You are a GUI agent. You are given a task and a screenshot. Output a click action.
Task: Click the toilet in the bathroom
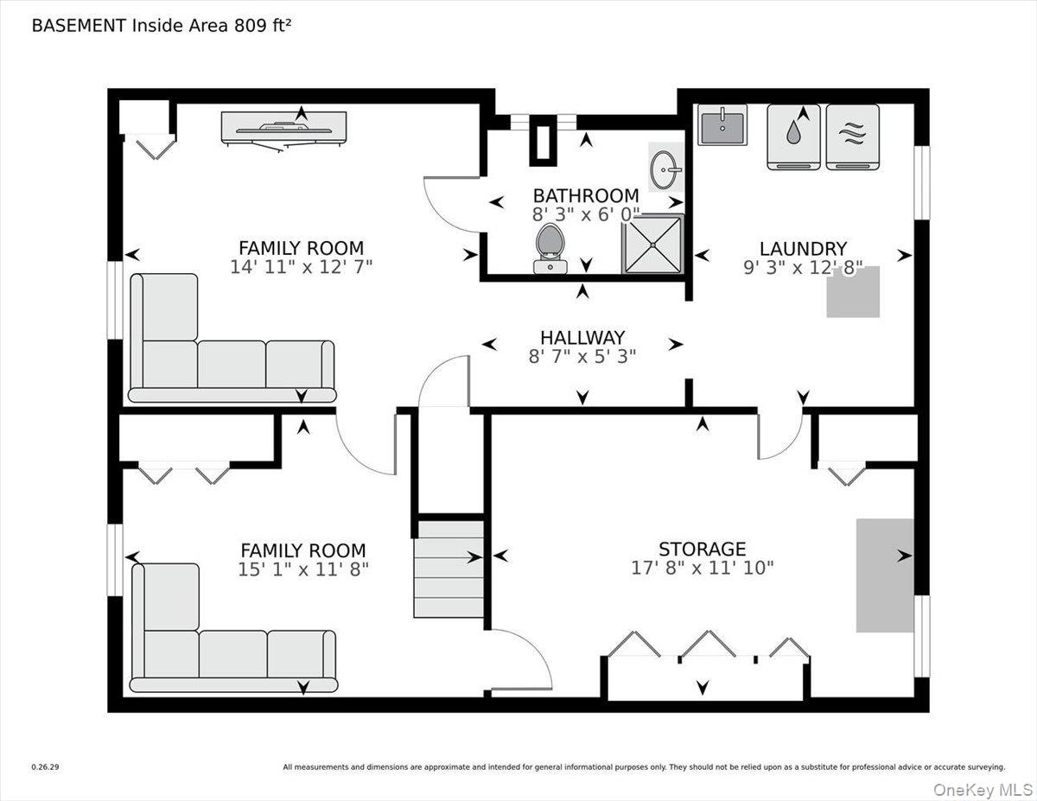click(550, 249)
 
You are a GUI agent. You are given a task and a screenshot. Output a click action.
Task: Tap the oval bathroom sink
click(665, 169)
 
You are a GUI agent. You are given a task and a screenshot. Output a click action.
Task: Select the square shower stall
click(652, 244)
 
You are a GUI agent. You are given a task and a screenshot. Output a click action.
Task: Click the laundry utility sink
click(722, 124)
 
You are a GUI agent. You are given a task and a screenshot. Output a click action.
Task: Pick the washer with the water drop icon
click(793, 137)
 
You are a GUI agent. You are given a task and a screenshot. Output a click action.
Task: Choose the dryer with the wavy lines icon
click(853, 137)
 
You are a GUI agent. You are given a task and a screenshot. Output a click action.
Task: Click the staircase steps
click(449, 569)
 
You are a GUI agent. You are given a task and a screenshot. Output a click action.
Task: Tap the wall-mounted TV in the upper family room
click(284, 129)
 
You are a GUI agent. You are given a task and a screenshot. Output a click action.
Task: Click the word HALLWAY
click(582, 338)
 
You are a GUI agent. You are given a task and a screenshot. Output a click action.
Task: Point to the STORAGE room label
click(702, 549)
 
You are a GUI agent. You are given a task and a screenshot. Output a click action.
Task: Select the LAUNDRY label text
click(803, 249)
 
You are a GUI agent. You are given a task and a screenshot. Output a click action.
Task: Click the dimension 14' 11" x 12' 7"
click(301, 267)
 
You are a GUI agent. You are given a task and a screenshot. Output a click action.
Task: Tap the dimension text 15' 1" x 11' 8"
click(303, 569)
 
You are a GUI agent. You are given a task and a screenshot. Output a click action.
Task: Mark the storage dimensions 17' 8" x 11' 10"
click(703, 568)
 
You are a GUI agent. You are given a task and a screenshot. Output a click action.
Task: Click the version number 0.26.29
click(45, 767)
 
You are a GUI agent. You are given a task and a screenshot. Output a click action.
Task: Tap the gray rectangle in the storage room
click(885, 575)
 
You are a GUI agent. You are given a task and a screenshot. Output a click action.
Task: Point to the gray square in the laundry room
click(853, 292)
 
